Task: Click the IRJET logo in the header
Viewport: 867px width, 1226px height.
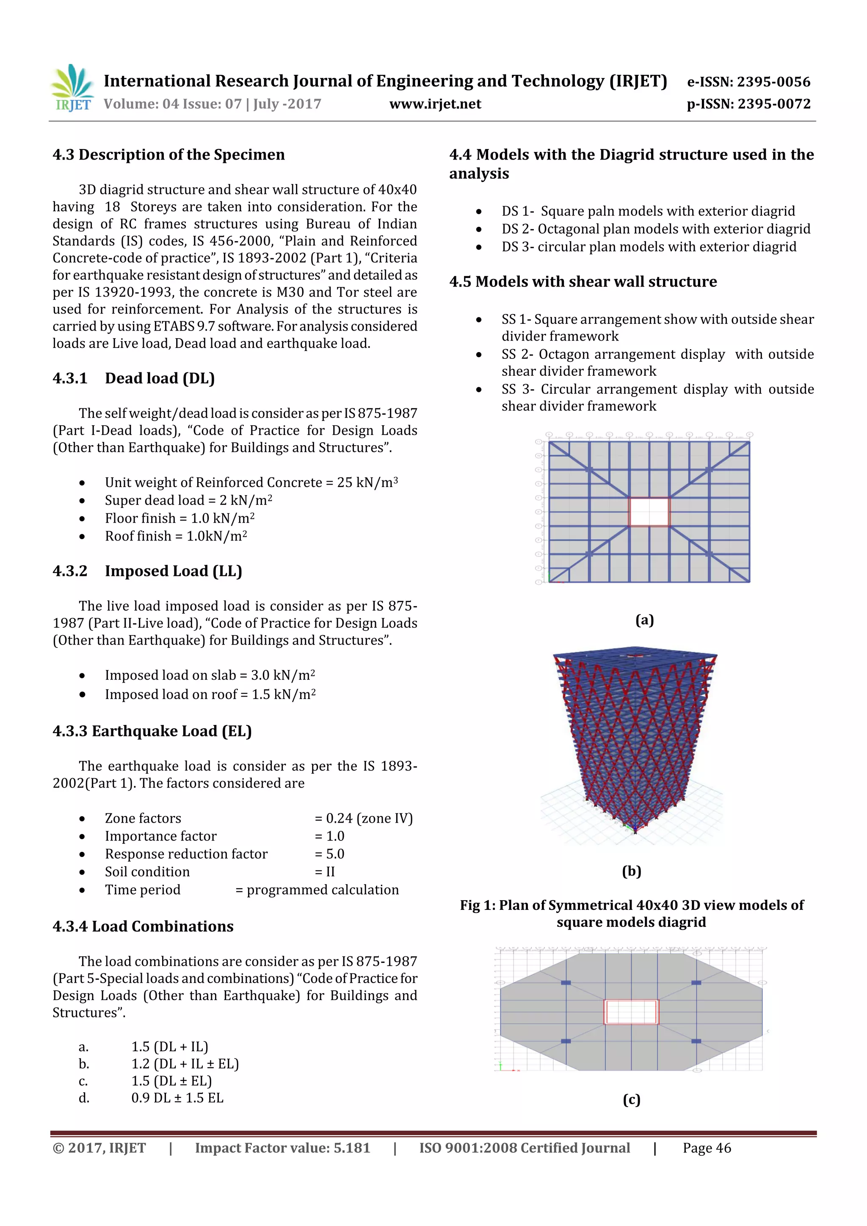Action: click(72, 88)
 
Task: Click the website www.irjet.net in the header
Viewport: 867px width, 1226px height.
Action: click(435, 104)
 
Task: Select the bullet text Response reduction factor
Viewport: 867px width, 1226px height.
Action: click(186, 854)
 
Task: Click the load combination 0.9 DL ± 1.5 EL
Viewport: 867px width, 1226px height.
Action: click(177, 1098)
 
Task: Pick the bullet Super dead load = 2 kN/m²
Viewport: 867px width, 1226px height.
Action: click(188, 500)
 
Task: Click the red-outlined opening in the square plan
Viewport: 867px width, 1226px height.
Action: click(649, 512)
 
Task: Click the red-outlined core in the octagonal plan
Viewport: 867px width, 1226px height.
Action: click(631, 1012)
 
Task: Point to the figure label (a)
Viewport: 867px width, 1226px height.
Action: click(644, 620)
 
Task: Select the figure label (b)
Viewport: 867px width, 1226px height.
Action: click(632, 871)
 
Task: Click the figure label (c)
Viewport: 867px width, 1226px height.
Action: click(632, 1100)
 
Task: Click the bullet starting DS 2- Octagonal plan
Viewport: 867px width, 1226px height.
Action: click(655, 229)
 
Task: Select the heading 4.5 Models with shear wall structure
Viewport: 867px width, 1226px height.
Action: click(583, 281)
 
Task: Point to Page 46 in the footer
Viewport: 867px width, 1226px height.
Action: click(706, 1148)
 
